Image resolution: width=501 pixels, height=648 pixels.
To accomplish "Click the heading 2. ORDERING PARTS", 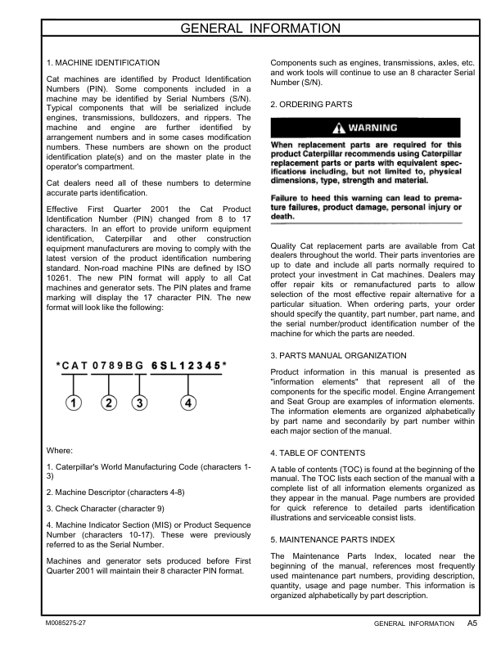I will pyautogui.click(x=311, y=105).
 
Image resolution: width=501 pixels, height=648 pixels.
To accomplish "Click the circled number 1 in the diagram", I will pyautogui.click(x=74, y=403).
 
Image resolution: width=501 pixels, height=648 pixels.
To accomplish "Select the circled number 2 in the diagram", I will pyautogui.click(x=110, y=403).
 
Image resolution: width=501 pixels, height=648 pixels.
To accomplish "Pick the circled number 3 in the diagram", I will pyautogui.click(x=140, y=403).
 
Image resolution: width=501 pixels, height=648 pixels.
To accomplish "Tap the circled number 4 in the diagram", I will pyautogui.click(x=189, y=403).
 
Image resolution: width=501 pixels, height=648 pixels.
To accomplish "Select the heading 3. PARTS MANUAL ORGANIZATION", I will pyautogui.click(x=338, y=356).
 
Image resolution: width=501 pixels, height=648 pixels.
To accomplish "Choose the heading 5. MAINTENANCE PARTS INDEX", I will pyautogui.click(x=332, y=539).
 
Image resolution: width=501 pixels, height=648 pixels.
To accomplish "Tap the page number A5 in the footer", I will pyautogui.click(x=472, y=623).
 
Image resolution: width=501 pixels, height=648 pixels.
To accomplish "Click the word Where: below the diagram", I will pyautogui.click(x=61, y=450).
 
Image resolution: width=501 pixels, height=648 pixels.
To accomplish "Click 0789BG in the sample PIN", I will pyautogui.click(x=118, y=366).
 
